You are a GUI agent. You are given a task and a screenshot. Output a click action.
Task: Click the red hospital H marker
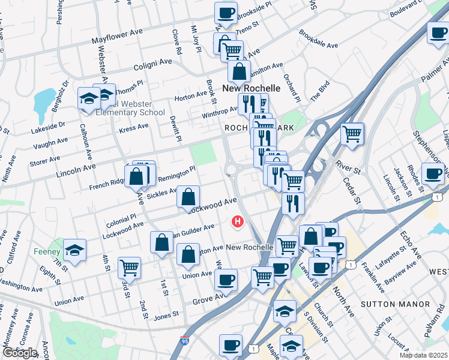pyautogui.click(x=238, y=222)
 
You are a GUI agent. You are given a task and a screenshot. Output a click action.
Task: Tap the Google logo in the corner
pyautogui.click(x=19, y=352)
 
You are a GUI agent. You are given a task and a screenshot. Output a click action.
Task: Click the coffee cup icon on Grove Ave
pyautogui.click(x=226, y=279)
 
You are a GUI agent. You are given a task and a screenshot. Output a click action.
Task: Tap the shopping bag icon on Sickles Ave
pyautogui.click(x=188, y=196)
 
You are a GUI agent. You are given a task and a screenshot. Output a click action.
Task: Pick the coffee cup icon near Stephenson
pyautogui.click(x=432, y=174)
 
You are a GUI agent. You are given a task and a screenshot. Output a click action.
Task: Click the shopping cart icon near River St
pyautogui.click(x=352, y=133)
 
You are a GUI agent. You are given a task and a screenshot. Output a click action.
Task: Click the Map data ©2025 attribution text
pyautogui.click(x=423, y=355)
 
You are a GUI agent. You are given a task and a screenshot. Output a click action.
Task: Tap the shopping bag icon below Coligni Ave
pyautogui.click(x=239, y=71)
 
